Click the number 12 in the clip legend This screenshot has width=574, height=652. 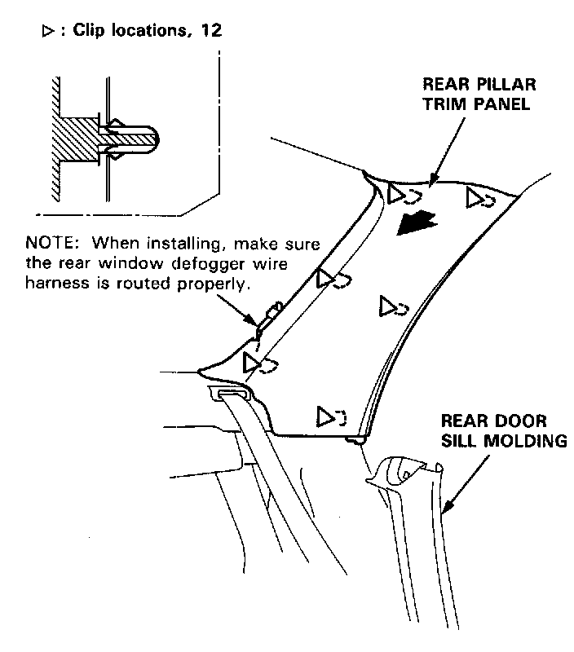210,29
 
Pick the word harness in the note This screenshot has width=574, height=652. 55,284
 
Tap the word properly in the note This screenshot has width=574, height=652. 218,284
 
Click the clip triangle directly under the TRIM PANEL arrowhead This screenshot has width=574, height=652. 397,193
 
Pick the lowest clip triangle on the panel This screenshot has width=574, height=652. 325,416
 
